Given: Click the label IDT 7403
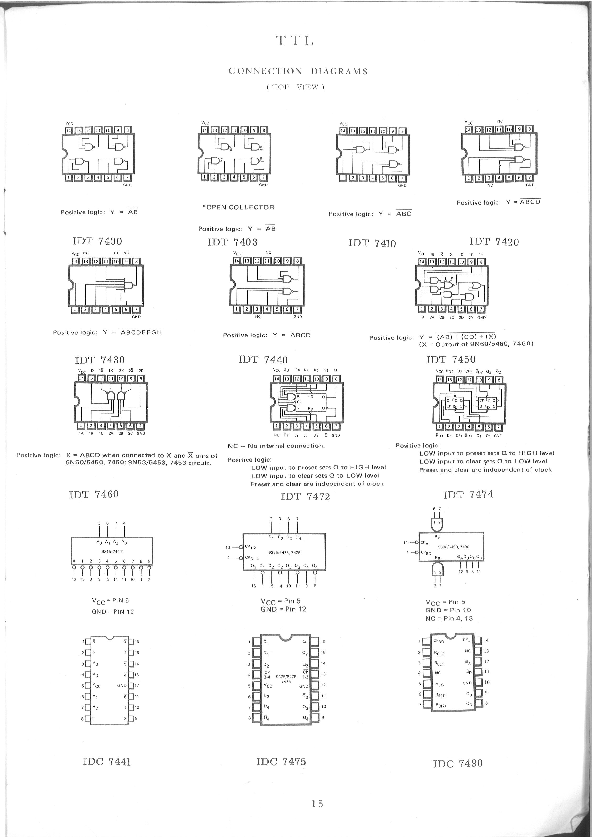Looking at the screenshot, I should tap(232, 242).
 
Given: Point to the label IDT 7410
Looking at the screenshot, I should tap(372, 243).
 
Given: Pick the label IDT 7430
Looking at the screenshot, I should tap(100, 360).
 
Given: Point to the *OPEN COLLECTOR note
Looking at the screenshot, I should tap(238, 207).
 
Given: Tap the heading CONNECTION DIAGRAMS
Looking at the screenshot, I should tap(298, 71).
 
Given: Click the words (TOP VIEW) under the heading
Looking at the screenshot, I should tap(295, 87).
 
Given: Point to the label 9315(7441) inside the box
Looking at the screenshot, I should tap(111, 551).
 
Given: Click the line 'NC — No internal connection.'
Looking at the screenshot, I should tap(276, 446).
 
